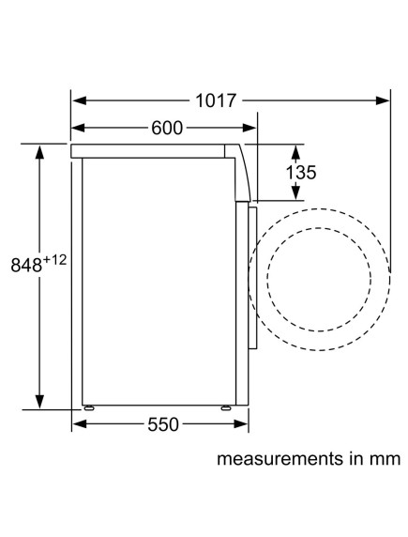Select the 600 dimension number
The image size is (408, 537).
click(x=167, y=129)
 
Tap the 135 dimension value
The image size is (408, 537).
click(x=300, y=173)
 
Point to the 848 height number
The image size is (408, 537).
click(x=26, y=267)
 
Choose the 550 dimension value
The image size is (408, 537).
click(x=162, y=424)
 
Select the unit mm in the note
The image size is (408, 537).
click(x=385, y=461)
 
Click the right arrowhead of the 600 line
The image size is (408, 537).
click(x=250, y=129)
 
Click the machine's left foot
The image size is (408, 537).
click(x=89, y=408)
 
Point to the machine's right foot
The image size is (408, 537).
click(x=226, y=408)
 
